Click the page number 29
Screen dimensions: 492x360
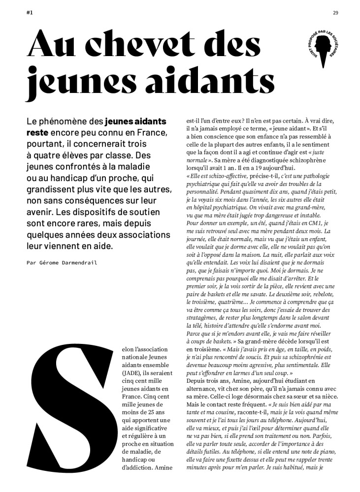pos(335,13)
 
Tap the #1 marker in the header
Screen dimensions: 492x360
pos(30,13)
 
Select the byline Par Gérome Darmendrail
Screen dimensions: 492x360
pos(62,263)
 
